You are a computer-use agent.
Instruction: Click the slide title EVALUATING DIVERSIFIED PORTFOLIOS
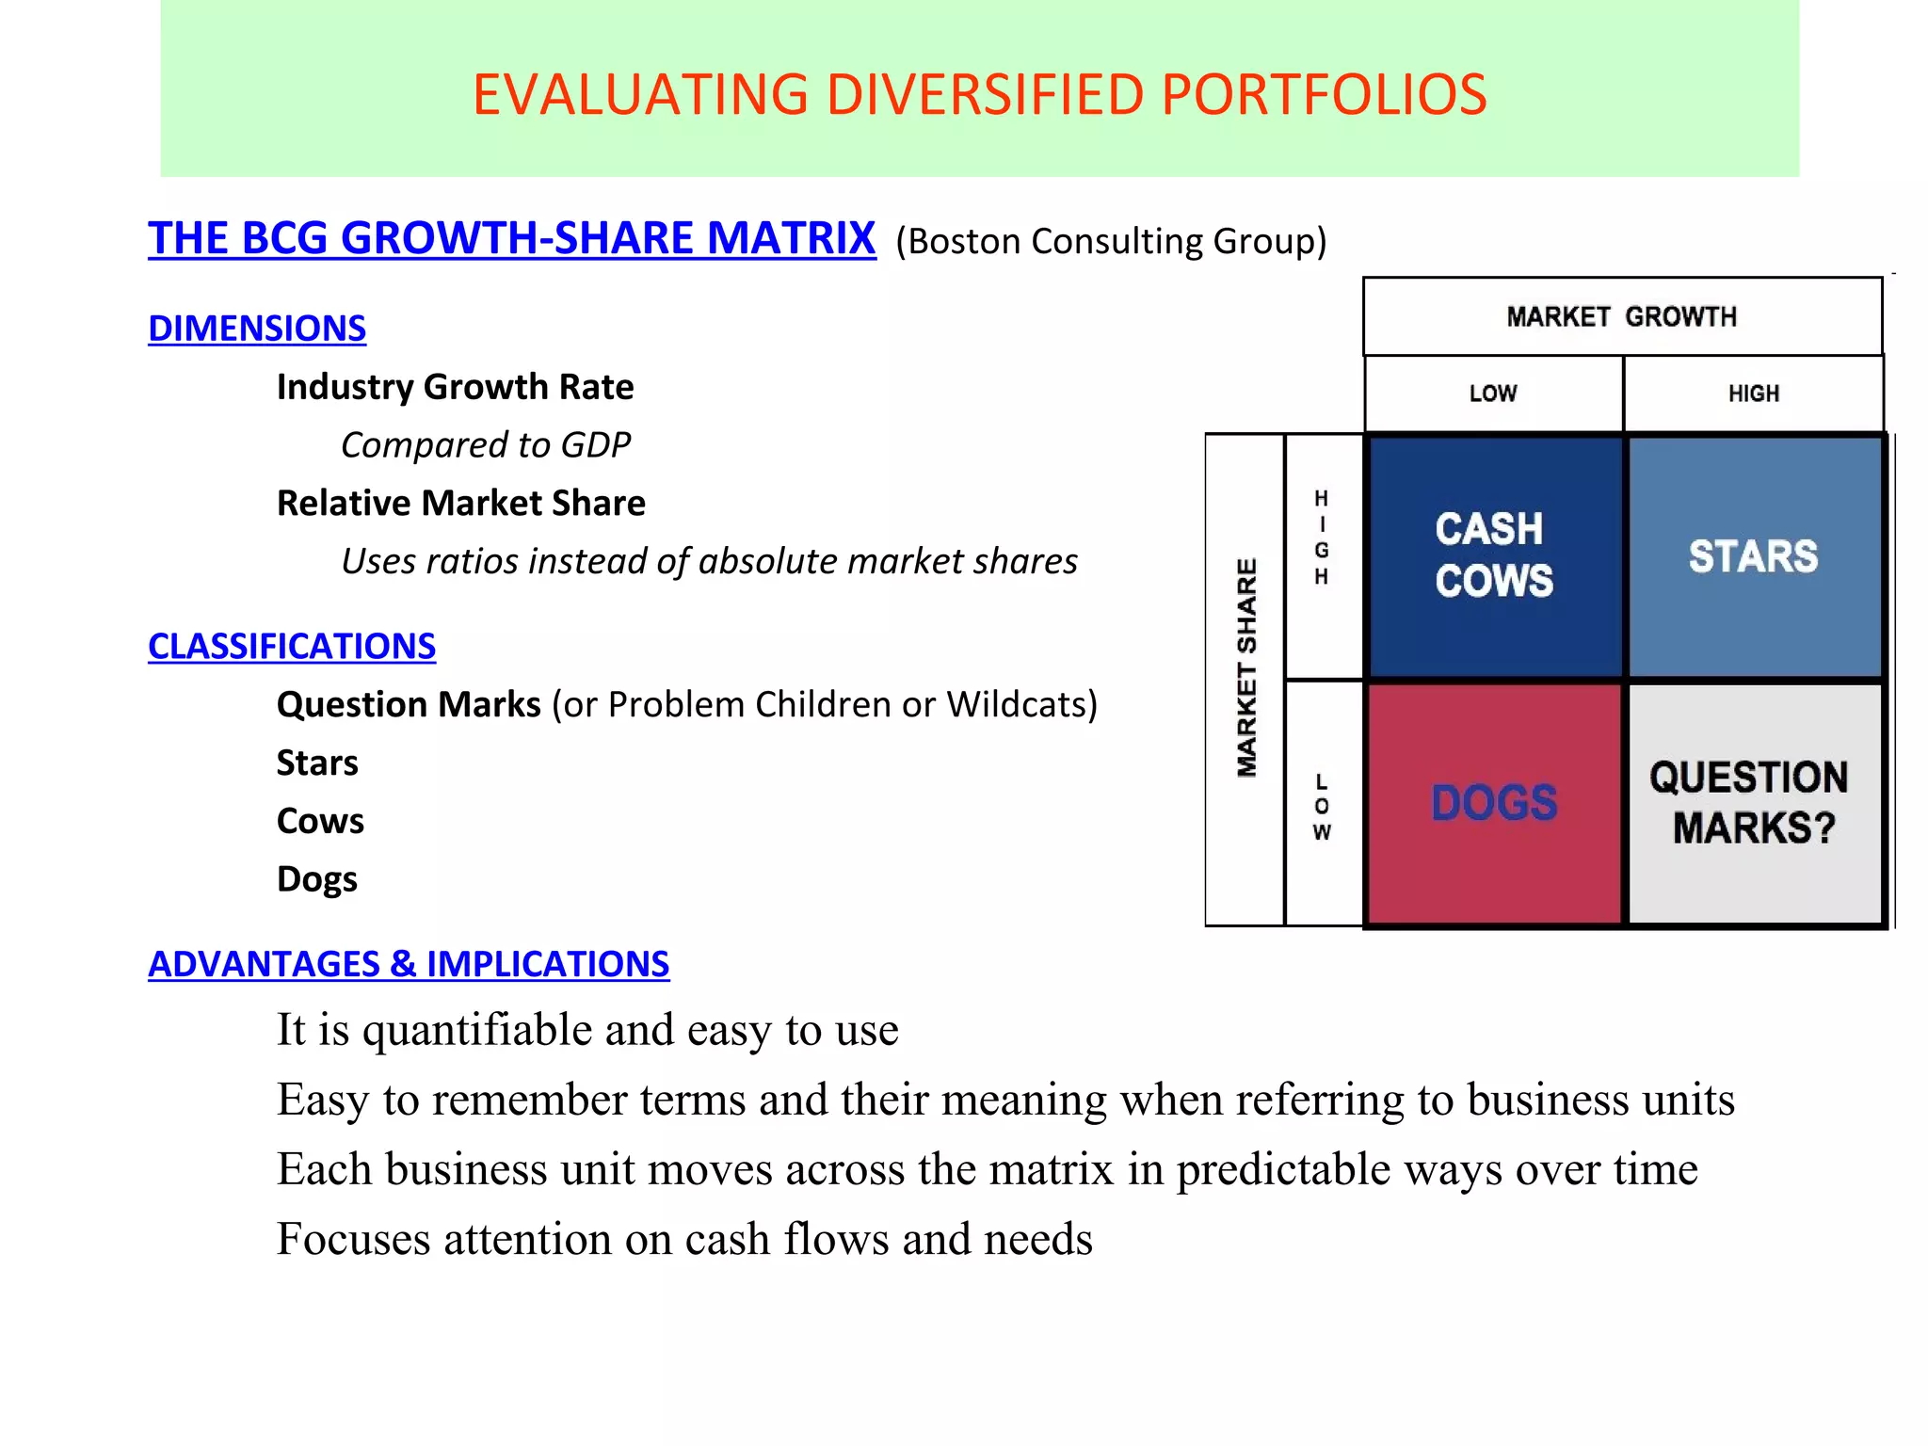click(979, 95)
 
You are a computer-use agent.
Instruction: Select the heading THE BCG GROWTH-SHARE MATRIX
click(511, 238)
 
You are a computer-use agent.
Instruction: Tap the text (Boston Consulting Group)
click(1111, 242)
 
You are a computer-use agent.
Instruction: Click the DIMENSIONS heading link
click(257, 329)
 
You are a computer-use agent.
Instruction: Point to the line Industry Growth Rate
click(455, 387)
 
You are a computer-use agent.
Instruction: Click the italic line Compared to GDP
click(485, 445)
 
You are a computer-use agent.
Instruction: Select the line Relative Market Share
click(460, 504)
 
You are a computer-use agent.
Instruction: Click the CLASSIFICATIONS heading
click(292, 647)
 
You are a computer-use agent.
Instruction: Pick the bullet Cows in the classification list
click(320, 822)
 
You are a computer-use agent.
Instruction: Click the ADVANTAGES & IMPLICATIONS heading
click(409, 964)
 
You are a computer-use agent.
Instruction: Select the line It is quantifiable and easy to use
click(587, 1030)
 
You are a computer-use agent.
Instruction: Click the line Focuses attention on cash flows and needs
click(684, 1239)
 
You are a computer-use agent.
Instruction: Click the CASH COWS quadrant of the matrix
click(1494, 555)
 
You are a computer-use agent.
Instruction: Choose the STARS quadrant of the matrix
click(1753, 555)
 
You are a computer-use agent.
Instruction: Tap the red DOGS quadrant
click(1494, 803)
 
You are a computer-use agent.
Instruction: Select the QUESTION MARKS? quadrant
click(1753, 803)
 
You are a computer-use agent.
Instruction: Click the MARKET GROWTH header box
click(1621, 317)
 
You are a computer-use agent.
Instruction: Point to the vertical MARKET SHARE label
click(1245, 668)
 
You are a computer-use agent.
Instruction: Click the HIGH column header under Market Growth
click(1753, 394)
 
